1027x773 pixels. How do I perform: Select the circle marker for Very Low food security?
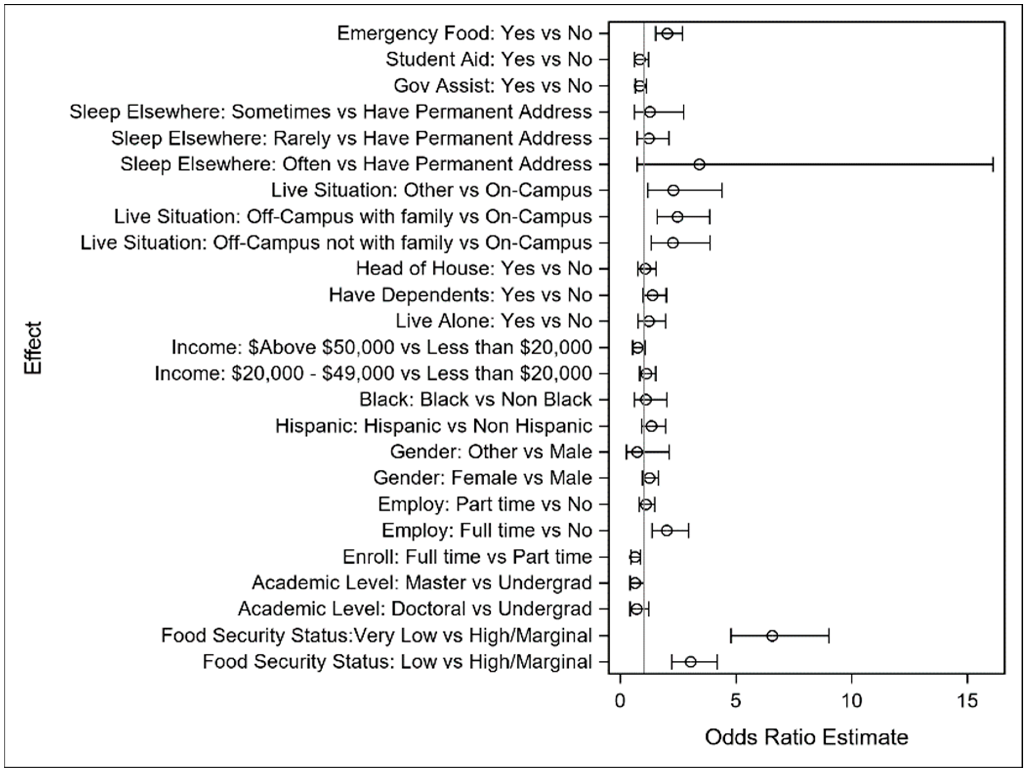(x=772, y=636)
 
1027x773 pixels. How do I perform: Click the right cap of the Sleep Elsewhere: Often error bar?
(x=993, y=164)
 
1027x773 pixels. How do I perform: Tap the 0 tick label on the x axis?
(x=620, y=701)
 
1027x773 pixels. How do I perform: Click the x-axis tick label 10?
(x=852, y=701)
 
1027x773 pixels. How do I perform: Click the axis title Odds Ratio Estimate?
(x=806, y=737)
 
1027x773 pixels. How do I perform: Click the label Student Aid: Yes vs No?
(x=489, y=59)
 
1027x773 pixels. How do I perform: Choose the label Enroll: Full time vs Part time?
(x=467, y=557)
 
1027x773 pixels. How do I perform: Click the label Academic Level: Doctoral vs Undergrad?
(x=415, y=609)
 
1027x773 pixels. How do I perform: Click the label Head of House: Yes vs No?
(x=474, y=269)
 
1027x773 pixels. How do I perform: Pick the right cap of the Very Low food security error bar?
(x=829, y=636)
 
